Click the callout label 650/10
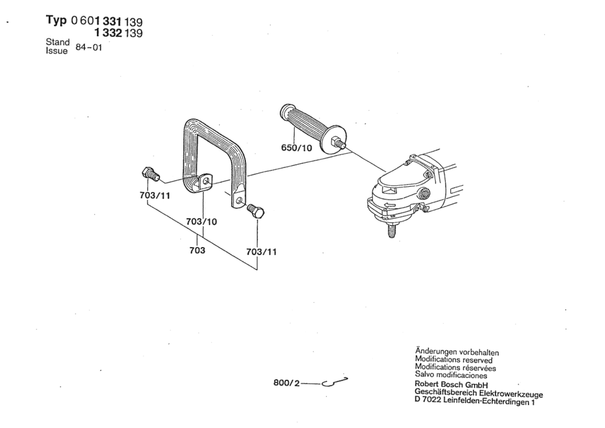(296, 147)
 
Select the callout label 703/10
(201, 221)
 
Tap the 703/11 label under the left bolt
(155, 195)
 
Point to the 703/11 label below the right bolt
(261, 252)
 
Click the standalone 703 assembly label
(197, 250)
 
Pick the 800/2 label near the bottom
(286, 383)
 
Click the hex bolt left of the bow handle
(150, 174)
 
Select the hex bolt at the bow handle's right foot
(256, 211)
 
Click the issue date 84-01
(89, 47)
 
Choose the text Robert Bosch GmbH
(451, 384)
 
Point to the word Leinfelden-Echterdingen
(487, 401)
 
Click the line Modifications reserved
(453, 360)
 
